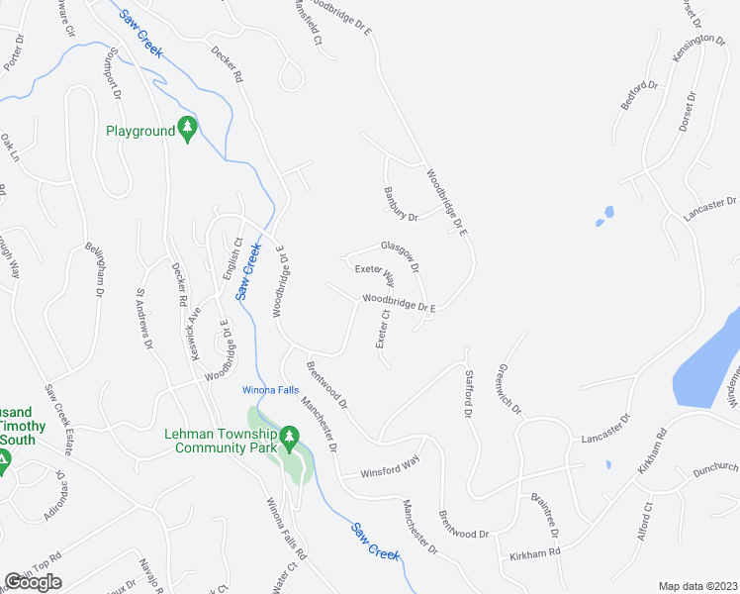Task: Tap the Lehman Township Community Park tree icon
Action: [x=288, y=437]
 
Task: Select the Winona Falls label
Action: [x=271, y=390]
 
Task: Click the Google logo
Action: [x=33, y=582]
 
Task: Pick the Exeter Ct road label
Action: [x=381, y=329]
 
